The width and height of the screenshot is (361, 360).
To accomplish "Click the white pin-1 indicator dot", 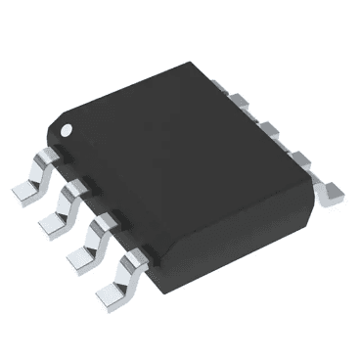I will pos(68,129).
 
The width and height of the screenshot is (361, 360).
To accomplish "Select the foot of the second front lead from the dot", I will pos(52,227).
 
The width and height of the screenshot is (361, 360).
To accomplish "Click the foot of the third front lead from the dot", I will pos(81,259).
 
